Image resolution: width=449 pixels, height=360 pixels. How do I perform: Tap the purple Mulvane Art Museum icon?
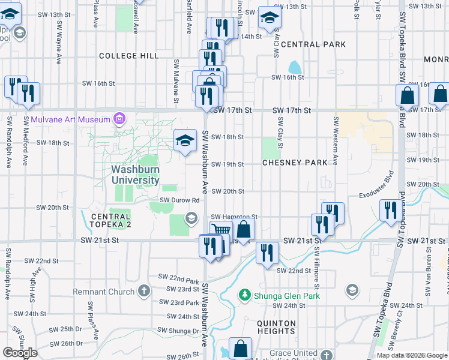(119, 119)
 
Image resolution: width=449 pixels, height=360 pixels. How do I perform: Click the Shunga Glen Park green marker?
(244, 295)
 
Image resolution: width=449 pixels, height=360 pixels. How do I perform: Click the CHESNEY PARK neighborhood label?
(295, 163)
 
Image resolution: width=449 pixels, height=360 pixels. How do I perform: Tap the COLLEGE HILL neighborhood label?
(128, 56)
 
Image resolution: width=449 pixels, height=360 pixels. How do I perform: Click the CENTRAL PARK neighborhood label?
(313, 44)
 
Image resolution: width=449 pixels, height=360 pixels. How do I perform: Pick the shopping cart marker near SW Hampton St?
(221, 230)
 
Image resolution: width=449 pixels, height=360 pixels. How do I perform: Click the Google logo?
(20, 353)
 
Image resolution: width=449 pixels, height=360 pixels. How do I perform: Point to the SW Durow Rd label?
(179, 200)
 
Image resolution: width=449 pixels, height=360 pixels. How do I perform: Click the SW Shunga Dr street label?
(178, 331)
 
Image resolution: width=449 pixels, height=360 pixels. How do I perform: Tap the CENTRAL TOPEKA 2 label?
(110, 220)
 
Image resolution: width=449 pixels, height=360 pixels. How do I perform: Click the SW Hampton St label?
(234, 217)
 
